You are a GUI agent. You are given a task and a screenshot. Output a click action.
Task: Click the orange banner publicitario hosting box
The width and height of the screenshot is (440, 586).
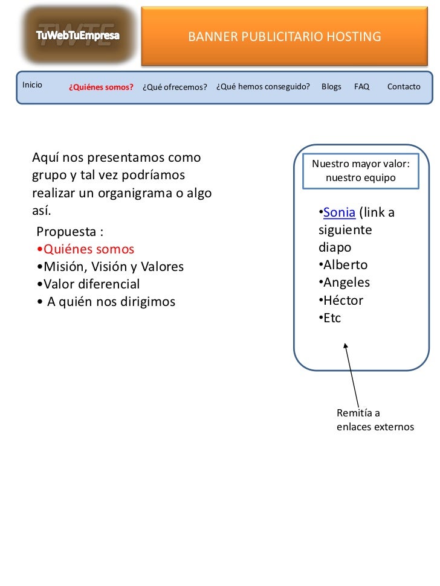click(x=285, y=37)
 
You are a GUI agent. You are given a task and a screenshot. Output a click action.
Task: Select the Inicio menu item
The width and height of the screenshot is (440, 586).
click(x=33, y=84)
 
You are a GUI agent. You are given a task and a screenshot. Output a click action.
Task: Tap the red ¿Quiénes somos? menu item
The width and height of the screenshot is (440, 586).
click(x=101, y=87)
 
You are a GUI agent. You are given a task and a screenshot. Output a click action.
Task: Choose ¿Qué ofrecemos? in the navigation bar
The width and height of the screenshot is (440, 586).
click(x=175, y=87)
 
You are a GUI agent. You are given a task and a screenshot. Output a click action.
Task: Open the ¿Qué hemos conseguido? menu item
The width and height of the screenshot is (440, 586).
click(x=263, y=86)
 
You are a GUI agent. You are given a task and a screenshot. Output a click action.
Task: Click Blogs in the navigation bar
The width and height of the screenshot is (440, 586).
click(x=331, y=86)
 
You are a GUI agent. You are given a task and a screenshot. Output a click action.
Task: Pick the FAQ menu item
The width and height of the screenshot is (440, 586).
click(x=361, y=86)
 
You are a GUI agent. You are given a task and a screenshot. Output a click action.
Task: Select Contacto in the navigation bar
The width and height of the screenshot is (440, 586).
click(x=404, y=86)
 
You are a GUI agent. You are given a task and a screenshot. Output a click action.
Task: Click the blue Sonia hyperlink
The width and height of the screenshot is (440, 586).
click(x=339, y=212)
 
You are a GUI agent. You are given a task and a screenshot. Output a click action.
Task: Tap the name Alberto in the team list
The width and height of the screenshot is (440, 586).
click(x=345, y=265)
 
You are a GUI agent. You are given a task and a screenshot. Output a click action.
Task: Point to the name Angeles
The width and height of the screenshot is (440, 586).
click(x=346, y=282)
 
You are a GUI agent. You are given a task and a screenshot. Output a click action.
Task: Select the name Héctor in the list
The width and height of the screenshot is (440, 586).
click(x=343, y=300)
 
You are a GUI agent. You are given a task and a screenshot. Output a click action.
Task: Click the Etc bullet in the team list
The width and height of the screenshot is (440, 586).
click(x=332, y=317)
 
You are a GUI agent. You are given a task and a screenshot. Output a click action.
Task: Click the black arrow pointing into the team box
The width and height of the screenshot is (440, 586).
click(x=352, y=374)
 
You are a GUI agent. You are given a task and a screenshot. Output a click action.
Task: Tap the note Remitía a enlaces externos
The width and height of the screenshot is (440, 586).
click(x=375, y=420)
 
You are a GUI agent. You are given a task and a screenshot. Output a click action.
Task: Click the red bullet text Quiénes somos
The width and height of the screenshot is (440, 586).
click(x=88, y=249)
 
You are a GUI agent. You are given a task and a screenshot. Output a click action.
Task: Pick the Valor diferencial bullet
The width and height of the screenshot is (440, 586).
click(x=91, y=284)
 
